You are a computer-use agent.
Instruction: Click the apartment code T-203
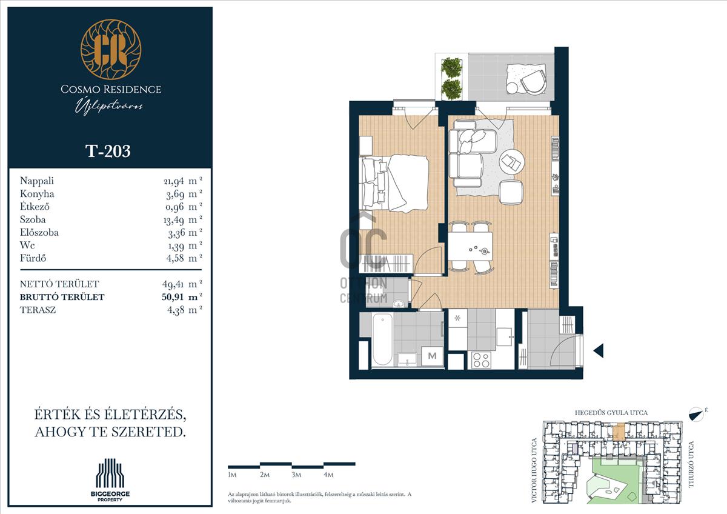(x=108, y=151)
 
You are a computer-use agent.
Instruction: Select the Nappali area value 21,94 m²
(x=183, y=181)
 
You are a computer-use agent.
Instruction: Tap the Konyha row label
(x=37, y=194)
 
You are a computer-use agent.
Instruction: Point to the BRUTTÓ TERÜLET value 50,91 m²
(x=182, y=297)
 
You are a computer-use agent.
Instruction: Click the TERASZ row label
(x=38, y=310)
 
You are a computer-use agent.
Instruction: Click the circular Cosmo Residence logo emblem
(x=111, y=49)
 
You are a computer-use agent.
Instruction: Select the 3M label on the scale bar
(x=296, y=475)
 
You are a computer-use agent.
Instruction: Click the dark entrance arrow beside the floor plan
(x=599, y=351)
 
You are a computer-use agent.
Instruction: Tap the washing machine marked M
(x=433, y=356)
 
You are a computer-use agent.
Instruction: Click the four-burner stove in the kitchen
(x=481, y=360)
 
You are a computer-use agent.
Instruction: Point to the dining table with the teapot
(x=471, y=247)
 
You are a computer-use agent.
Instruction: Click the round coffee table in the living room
(x=512, y=162)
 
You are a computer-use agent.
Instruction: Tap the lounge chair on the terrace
(x=534, y=82)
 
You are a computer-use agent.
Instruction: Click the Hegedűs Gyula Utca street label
(x=611, y=413)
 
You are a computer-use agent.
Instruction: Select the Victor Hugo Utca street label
(x=534, y=470)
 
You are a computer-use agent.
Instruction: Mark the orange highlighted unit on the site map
(x=619, y=432)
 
